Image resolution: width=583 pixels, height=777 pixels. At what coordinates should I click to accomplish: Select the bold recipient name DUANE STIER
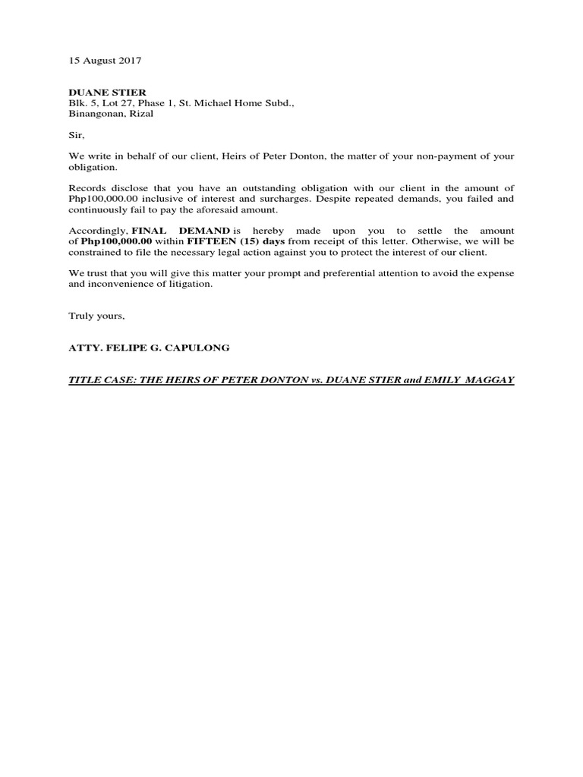(108, 93)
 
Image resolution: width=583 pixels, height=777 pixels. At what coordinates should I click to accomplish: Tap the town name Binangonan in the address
(94, 114)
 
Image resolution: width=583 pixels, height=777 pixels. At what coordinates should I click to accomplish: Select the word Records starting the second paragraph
(88, 187)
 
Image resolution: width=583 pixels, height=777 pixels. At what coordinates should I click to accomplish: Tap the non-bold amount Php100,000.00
(102, 198)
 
